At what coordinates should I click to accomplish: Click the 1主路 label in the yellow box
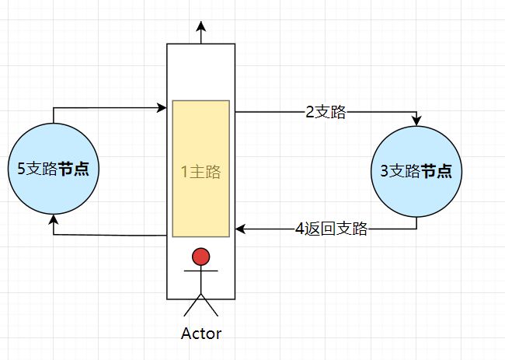pos(200,173)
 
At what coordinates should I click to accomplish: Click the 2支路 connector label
pos(325,112)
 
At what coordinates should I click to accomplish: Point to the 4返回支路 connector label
pos(331,229)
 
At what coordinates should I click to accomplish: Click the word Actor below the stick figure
pos(200,334)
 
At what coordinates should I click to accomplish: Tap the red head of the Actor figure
pos(200,257)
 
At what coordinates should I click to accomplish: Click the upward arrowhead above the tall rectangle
pos(200,26)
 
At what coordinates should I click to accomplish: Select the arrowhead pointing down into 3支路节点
pos(416,121)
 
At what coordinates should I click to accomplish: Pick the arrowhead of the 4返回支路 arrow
pos(240,229)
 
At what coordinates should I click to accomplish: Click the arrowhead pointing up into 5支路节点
pos(53,220)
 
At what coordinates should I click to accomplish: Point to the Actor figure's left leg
pos(192,306)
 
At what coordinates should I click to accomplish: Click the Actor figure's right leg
pos(210,306)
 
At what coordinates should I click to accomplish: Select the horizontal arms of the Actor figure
pos(200,272)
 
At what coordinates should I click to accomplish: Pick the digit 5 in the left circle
pos(21,168)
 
